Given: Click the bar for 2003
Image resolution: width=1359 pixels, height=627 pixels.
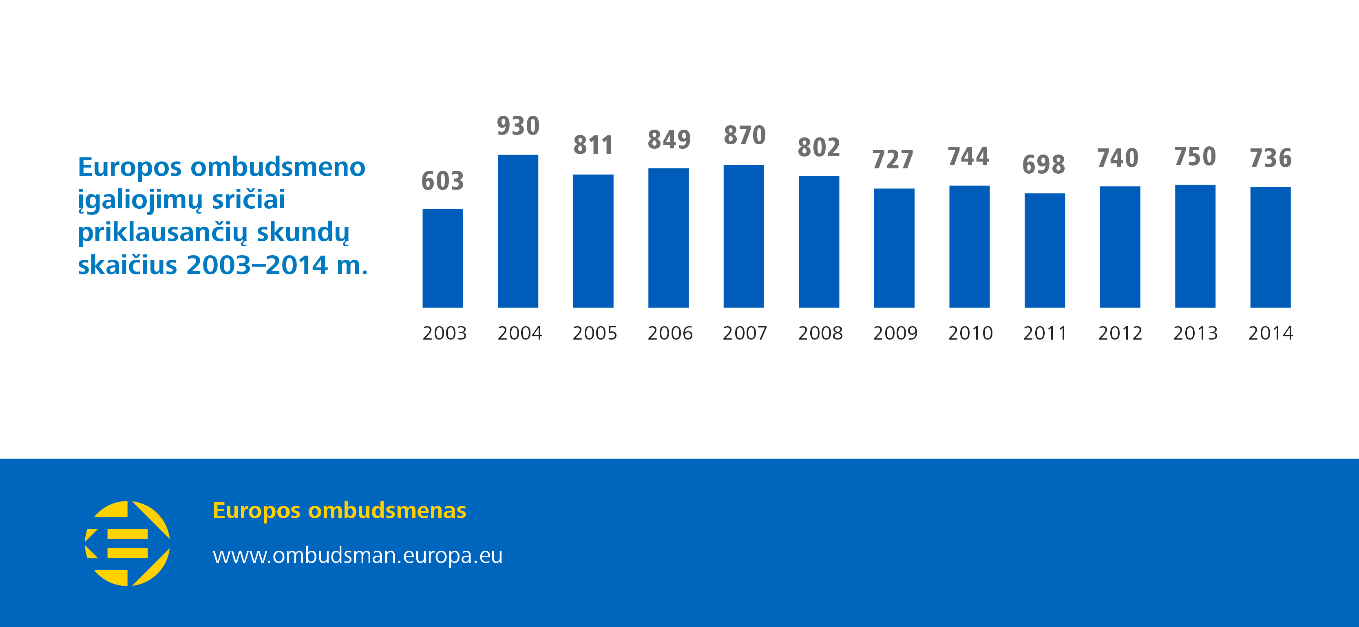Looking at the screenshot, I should click(x=443, y=258).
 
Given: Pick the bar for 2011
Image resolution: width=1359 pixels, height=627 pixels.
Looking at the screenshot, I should click(x=1045, y=250).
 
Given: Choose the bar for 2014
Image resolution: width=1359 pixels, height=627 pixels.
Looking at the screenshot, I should click(x=1271, y=247).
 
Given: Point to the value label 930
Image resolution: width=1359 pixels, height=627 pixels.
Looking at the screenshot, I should click(x=518, y=126).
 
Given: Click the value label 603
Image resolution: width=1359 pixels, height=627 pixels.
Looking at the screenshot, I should click(x=443, y=181).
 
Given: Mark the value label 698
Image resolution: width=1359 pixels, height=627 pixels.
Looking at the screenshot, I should click(x=1043, y=165).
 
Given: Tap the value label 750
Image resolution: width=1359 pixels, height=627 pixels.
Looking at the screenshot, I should click(x=1195, y=157).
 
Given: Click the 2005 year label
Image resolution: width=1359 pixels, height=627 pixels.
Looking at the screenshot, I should click(x=594, y=333).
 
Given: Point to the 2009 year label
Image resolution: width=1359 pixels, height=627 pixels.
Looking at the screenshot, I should click(x=895, y=333).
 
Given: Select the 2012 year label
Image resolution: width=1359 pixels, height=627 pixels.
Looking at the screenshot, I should click(x=1120, y=333).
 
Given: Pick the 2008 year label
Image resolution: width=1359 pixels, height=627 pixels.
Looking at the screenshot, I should click(x=820, y=333).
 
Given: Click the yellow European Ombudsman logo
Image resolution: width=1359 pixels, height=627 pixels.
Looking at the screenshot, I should click(x=127, y=543).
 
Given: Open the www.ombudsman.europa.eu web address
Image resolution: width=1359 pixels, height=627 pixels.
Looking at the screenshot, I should click(x=358, y=555).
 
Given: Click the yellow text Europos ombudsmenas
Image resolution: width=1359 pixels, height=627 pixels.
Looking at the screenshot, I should click(x=339, y=510).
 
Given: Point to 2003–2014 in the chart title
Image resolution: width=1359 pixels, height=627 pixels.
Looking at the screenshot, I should click(x=257, y=265).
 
